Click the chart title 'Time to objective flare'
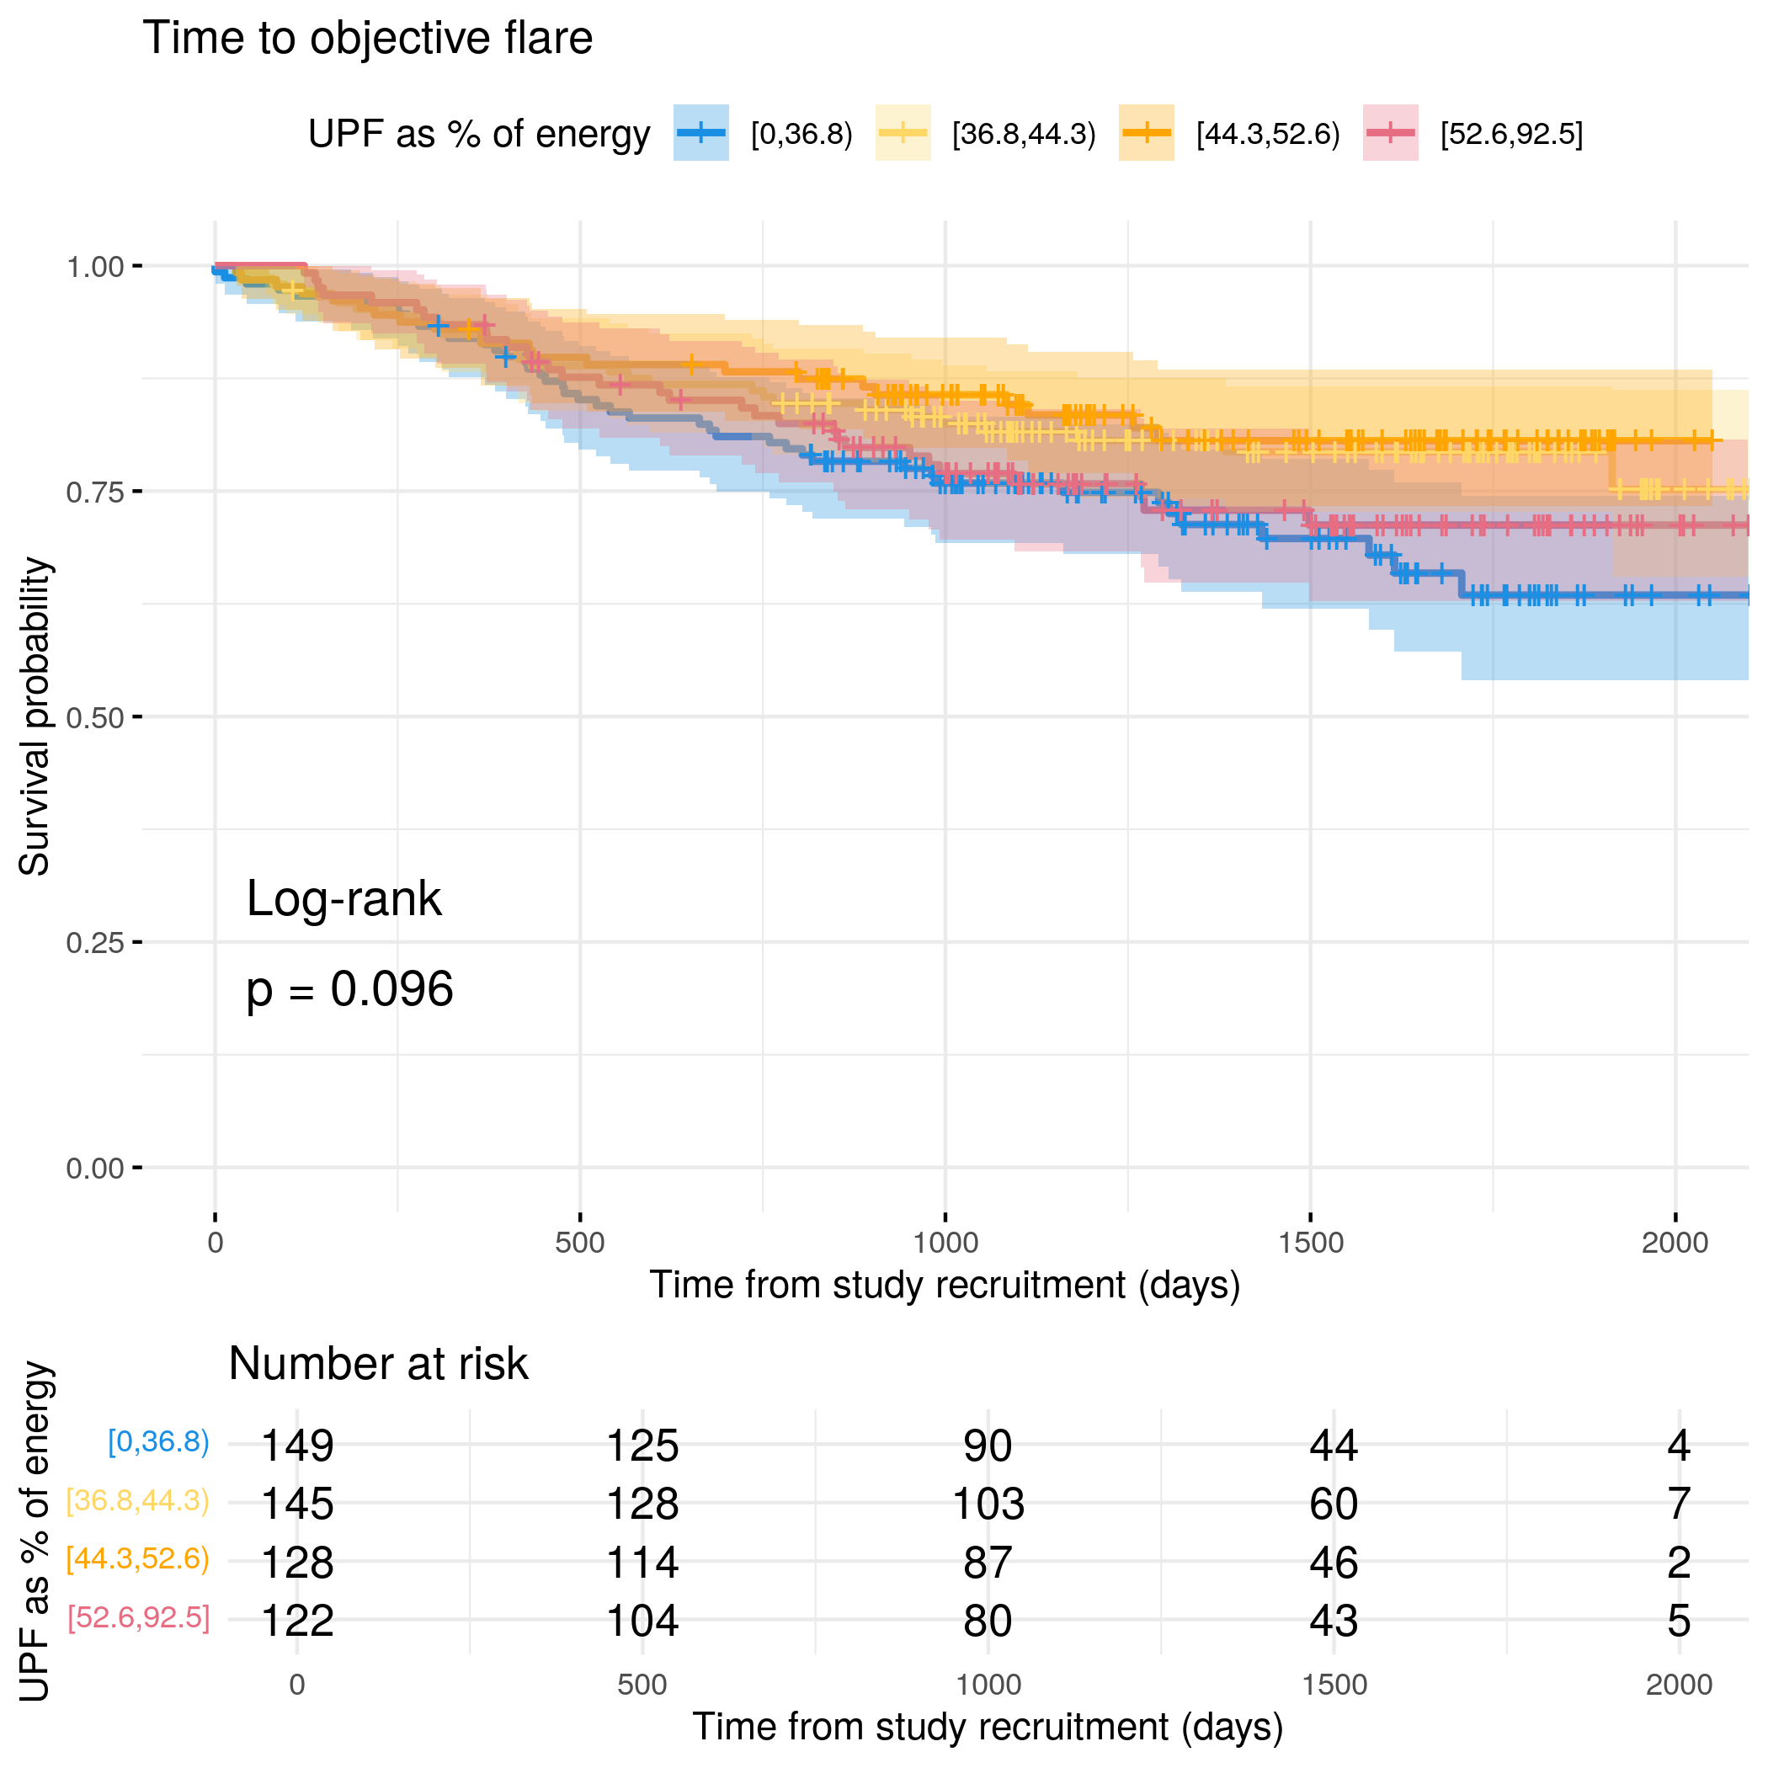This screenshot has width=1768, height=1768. coord(367,39)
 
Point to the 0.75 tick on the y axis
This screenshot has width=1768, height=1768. coord(137,492)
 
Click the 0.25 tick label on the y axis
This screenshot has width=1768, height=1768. coord(94,943)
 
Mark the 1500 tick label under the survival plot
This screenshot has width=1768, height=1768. coord(1311,1243)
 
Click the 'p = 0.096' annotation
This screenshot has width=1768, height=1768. coord(349,989)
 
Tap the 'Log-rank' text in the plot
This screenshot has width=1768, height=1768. coord(344,898)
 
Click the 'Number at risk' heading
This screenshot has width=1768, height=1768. coord(378,1364)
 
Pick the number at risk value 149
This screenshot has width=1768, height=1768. coord(297,1446)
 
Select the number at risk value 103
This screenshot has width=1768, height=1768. coord(988,1504)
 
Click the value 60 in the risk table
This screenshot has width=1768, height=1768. coord(1334,1504)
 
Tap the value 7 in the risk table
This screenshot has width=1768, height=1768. coord(1678,1504)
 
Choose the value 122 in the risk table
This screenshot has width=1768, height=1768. coord(297,1621)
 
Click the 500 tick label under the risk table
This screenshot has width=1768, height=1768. coord(642,1685)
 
